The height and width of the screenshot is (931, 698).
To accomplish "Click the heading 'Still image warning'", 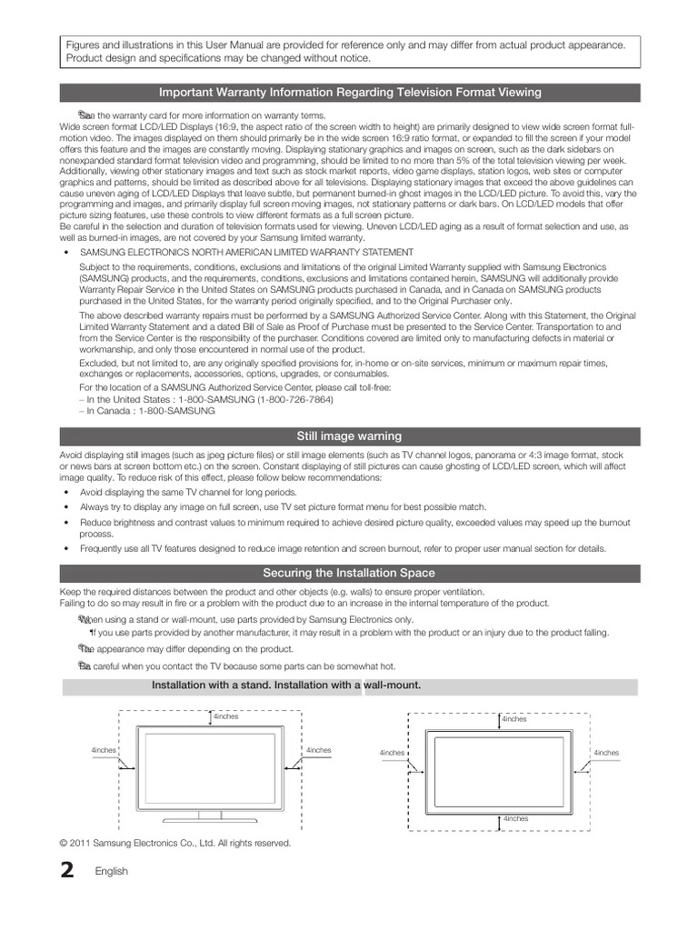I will point(349,436).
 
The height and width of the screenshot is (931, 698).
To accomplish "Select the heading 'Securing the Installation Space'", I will point(349,573).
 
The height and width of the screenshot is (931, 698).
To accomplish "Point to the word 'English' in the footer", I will point(112,872).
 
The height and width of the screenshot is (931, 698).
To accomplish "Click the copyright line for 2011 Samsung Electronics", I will point(175,843).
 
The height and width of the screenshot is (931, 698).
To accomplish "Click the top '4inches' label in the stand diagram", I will point(225,716).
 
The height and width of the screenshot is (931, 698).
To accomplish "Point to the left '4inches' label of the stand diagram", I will point(103,750).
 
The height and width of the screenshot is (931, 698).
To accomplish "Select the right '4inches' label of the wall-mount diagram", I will point(606,753).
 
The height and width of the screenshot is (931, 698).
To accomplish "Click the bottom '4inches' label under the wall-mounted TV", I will point(515,818).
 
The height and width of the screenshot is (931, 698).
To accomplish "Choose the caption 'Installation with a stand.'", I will point(211,685).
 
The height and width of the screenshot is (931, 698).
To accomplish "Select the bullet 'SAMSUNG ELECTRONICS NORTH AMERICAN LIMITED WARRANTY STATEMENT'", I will point(246,252).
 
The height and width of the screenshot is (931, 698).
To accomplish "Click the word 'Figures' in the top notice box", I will point(83,45).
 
